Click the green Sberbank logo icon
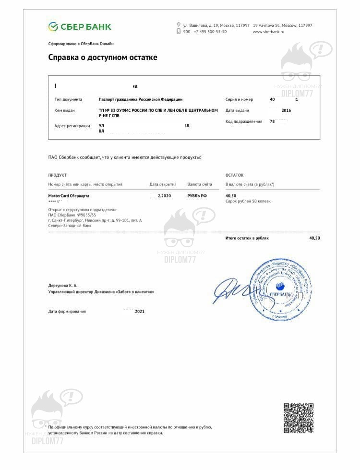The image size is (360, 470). click(x=53, y=26)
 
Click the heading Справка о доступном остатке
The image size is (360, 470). click(x=103, y=58)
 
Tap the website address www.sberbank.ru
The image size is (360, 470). click(x=268, y=32)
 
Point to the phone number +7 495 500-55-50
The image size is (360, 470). click(x=210, y=32)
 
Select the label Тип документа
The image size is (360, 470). click(x=69, y=99)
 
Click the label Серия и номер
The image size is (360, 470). click(x=239, y=99)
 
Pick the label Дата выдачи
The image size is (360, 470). click(x=236, y=110)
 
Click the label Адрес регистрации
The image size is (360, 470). click(x=72, y=126)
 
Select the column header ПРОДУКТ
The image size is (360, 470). click(x=58, y=175)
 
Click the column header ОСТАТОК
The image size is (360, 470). click(x=235, y=175)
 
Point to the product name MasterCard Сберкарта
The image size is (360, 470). click(x=69, y=196)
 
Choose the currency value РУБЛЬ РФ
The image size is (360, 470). click(x=197, y=196)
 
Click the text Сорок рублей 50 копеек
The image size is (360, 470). click(x=248, y=201)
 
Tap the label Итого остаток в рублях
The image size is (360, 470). click(x=247, y=238)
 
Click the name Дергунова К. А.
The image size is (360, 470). click(x=63, y=286)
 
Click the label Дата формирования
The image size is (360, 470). click(x=67, y=312)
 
